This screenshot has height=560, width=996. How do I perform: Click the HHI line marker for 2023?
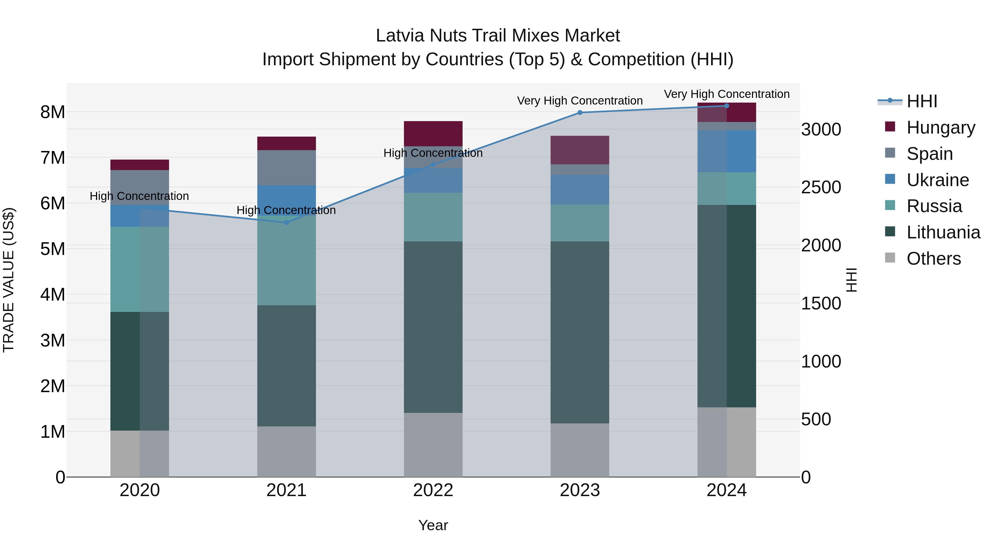[580, 113]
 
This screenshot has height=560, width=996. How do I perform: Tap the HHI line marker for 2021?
[287, 222]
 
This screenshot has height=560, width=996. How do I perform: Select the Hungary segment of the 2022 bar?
[433, 133]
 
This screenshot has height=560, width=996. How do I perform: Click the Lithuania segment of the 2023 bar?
[580, 332]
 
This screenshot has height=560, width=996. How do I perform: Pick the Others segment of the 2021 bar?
[287, 451]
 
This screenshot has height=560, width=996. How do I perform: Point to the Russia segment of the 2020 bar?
[140, 269]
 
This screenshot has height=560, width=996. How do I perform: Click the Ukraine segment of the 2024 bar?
[727, 151]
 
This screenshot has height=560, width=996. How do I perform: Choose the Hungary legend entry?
[940, 127]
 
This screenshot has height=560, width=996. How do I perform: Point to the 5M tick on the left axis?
[53, 249]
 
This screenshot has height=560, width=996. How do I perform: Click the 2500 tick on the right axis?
[821, 187]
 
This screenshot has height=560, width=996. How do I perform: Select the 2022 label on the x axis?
[433, 490]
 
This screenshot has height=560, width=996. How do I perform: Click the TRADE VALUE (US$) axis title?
[9, 280]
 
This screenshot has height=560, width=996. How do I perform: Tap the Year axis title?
[433, 525]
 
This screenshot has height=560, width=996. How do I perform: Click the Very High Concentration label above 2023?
[580, 100]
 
